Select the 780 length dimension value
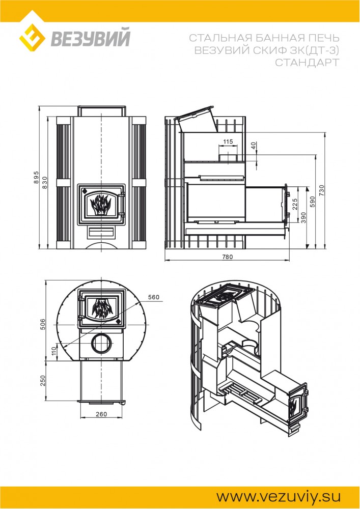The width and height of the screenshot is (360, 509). pyautogui.click(x=228, y=257)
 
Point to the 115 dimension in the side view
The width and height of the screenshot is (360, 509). pyautogui.click(x=228, y=142)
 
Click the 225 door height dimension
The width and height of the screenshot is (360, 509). pyautogui.click(x=295, y=204)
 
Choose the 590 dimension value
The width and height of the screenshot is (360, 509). pyautogui.click(x=313, y=202)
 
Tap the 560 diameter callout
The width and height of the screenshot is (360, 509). pyautogui.click(x=154, y=297)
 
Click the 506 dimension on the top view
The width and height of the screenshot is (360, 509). pyautogui.click(x=43, y=324)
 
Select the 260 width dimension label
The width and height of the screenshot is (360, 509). pyautogui.click(x=102, y=414)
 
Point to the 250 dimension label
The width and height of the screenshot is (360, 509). pyautogui.click(x=43, y=380)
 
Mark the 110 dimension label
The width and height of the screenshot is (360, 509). pyautogui.click(x=54, y=351)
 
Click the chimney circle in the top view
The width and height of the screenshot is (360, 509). pyautogui.click(x=102, y=343)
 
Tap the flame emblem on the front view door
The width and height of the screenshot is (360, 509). pyautogui.click(x=101, y=205)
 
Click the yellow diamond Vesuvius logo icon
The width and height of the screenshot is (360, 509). pyautogui.click(x=32, y=38)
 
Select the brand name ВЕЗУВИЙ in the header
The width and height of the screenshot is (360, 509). pyautogui.click(x=90, y=38)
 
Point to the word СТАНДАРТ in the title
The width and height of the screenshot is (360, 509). pyautogui.click(x=307, y=62)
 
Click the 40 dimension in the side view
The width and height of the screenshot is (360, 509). pyautogui.click(x=254, y=146)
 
